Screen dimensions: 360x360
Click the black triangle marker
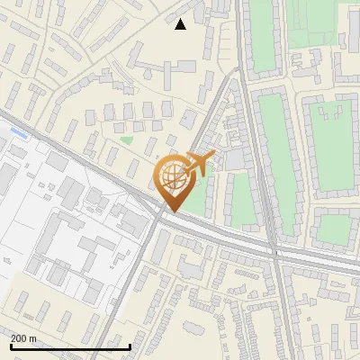tap(181, 24)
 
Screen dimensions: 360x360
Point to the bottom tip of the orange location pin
tap(172, 211)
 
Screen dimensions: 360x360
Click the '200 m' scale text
tap(24, 337)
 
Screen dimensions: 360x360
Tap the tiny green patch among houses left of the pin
tap(127, 139)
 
